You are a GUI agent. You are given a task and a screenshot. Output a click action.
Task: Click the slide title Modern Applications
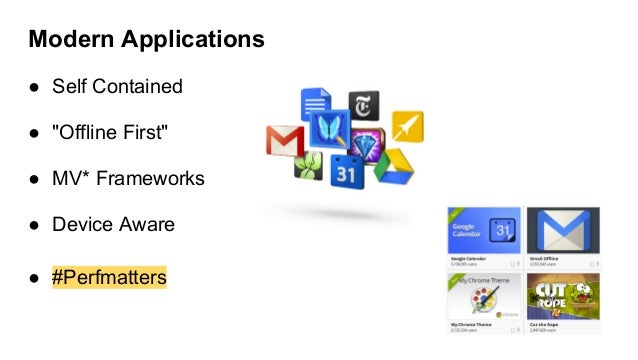pyautogui.click(x=146, y=40)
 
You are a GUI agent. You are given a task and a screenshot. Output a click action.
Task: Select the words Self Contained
pyautogui.click(x=117, y=86)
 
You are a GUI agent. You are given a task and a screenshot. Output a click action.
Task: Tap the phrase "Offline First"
pyautogui.click(x=103, y=132)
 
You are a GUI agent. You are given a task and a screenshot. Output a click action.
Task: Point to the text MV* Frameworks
pyautogui.click(x=128, y=179)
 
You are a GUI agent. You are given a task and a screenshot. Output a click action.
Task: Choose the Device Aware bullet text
pyautogui.click(x=113, y=225)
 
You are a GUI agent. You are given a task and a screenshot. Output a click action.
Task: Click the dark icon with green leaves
pyautogui.click(x=308, y=164)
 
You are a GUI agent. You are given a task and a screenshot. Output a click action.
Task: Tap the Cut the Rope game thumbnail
pyautogui.click(x=562, y=298)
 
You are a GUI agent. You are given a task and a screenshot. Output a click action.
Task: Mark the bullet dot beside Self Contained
pyautogui.click(x=33, y=87)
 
